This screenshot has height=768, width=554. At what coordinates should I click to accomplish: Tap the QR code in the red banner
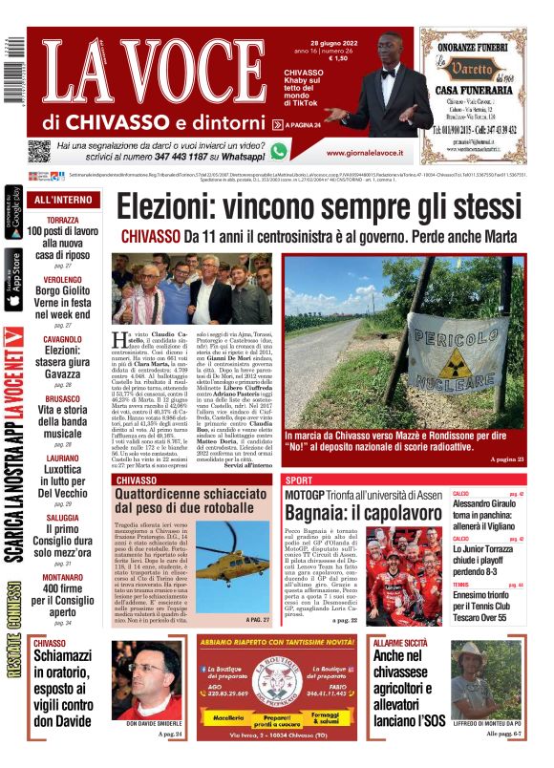pyautogui.click(x=38, y=150)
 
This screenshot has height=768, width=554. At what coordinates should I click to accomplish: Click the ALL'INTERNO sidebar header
pyautogui.click(x=62, y=200)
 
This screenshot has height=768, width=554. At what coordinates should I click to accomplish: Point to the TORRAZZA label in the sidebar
pyautogui.click(x=62, y=220)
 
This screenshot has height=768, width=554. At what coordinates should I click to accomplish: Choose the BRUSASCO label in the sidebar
pyautogui.click(x=62, y=398)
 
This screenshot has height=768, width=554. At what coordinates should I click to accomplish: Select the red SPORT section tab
pyautogui.click(x=299, y=480)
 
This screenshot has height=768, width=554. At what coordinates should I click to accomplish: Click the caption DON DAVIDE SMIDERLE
pyautogui.click(x=154, y=722)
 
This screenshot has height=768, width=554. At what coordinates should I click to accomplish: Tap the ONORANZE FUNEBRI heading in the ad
pyautogui.click(x=473, y=46)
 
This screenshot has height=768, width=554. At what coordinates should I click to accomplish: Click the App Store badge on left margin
pyautogui.click(x=12, y=279)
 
